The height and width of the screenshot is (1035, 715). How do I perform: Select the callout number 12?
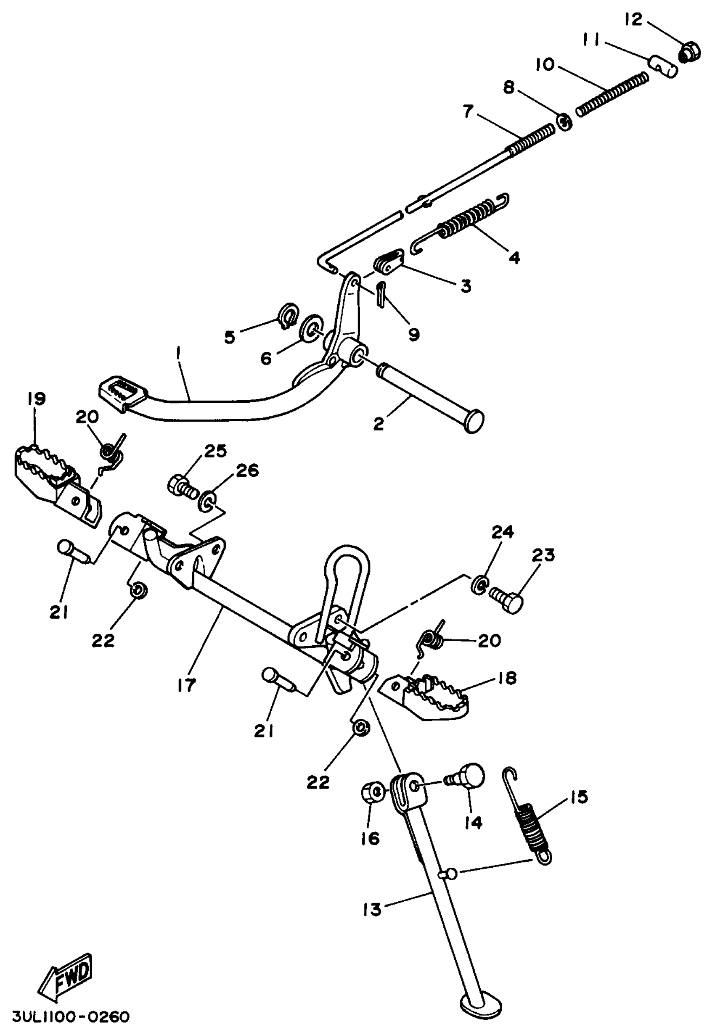pyautogui.click(x=633, y=19)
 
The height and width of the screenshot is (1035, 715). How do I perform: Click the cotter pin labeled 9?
pyautogui.click(x=381, y=294)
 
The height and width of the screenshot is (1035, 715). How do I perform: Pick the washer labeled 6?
pyautogui.click(x=310, y=330)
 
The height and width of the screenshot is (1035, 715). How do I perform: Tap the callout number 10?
pyautogui.click(x=545, y=65)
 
